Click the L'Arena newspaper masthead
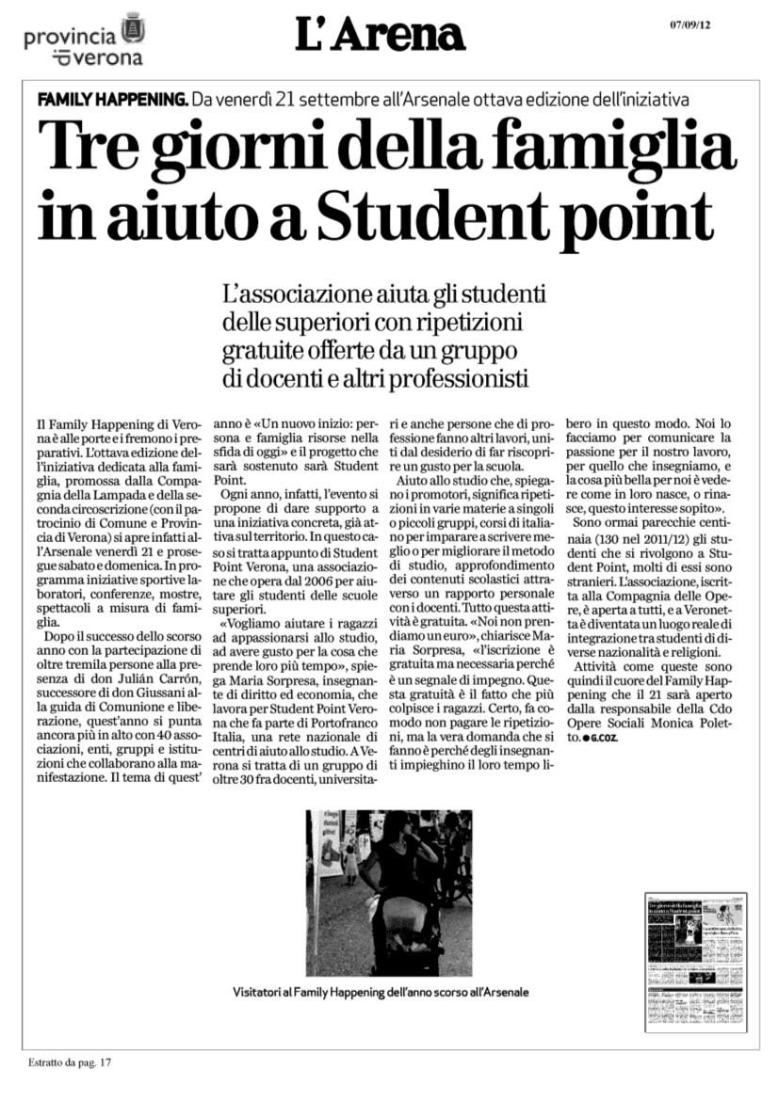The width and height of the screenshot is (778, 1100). click(380, 36)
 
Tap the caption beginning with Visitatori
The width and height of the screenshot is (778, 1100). click(381, 992)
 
